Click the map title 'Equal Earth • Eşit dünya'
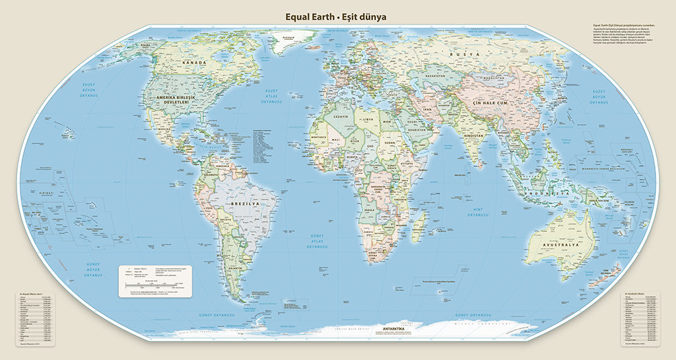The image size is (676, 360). (x=335, y=17)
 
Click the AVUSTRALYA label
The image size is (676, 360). (x=560, y=244)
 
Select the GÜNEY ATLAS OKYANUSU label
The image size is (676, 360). (x=318, y=240)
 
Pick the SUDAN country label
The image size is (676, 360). (x=389, y=141)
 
